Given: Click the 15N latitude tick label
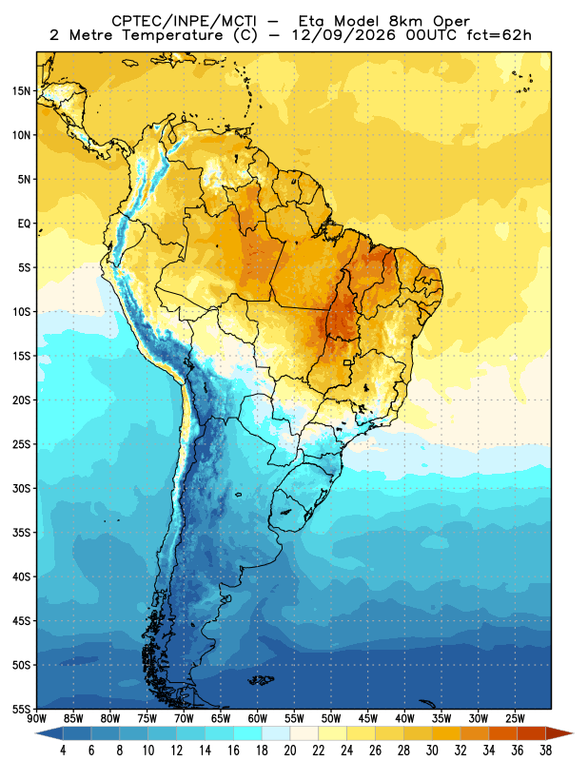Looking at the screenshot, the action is (21, 91).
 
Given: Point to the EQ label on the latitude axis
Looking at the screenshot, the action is (24, 224).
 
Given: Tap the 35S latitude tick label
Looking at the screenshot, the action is (21, 533).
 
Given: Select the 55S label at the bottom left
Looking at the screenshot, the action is (21, 710).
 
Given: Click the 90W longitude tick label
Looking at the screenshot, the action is (36, 718).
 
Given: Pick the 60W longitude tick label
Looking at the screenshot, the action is (257, 718).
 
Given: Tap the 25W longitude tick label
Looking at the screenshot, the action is (515, 718).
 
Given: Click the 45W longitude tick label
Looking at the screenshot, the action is (368, 718).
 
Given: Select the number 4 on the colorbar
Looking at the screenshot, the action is (63, 751).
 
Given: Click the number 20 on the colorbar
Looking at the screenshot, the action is (290, 751).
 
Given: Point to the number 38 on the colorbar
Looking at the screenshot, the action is (545, 751).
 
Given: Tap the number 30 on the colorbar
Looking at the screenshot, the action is (432, 751).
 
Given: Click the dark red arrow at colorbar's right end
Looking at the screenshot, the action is (559, 733).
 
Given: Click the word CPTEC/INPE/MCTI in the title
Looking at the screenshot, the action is (185, 21).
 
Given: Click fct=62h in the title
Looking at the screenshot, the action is (499, 35).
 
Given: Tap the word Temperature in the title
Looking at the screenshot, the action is (172, 35).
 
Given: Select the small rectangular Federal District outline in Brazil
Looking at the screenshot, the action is (347, 362).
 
